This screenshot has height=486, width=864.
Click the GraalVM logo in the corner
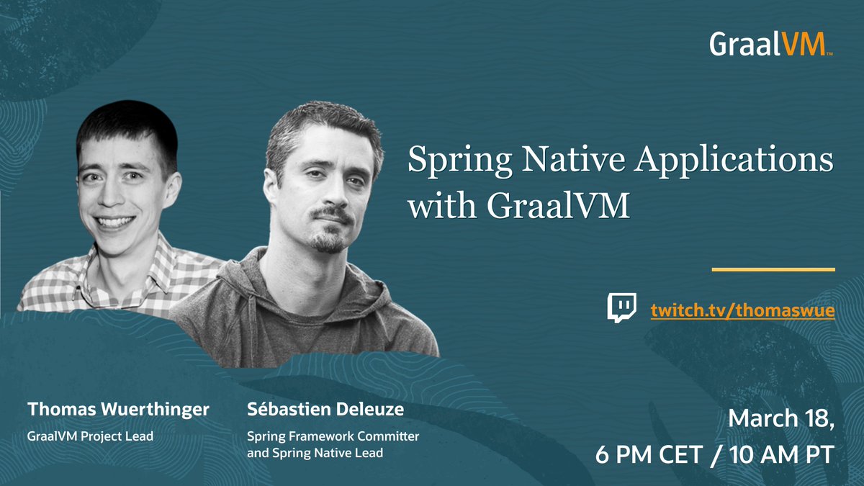(770, 44)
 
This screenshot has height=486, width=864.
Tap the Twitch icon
(622, 307)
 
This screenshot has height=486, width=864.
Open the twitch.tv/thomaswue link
(742, 311)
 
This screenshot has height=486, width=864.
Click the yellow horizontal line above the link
(773, 269)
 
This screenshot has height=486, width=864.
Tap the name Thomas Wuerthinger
(118, 410)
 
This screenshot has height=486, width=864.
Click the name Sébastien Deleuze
(325, 410)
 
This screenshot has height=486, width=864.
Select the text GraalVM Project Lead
(90, 436)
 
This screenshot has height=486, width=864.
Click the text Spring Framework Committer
(333, 436)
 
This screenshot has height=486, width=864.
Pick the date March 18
(781, 419)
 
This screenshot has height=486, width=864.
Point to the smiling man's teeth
(114, 222)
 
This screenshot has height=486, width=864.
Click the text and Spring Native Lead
(315, 454)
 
